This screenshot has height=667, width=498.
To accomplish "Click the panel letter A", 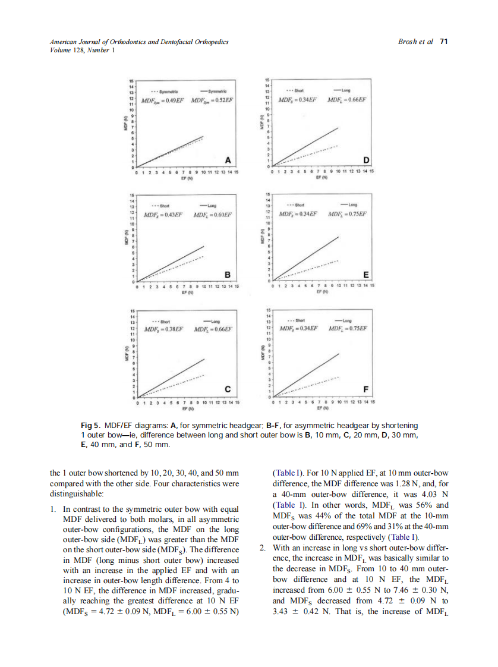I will click(228, 159).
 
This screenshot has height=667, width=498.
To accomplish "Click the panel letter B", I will click(228, 274).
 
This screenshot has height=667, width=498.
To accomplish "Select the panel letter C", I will click(228, 389).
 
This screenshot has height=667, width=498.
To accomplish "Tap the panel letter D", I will click(366, 159).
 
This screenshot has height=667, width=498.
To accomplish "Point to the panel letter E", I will click(366, 274).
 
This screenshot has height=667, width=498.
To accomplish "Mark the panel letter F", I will click(366, 389).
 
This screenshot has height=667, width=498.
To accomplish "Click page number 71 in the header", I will click(443, 42).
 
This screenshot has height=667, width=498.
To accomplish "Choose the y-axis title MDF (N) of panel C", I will click(125, 359).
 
